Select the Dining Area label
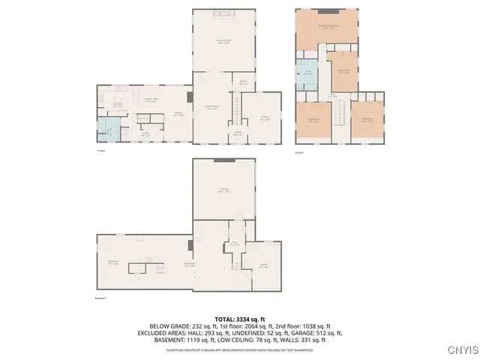pos(150,100)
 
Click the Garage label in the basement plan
pos(223,190)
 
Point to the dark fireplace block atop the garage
pos(223,160)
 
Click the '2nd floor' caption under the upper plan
pos(299,152)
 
